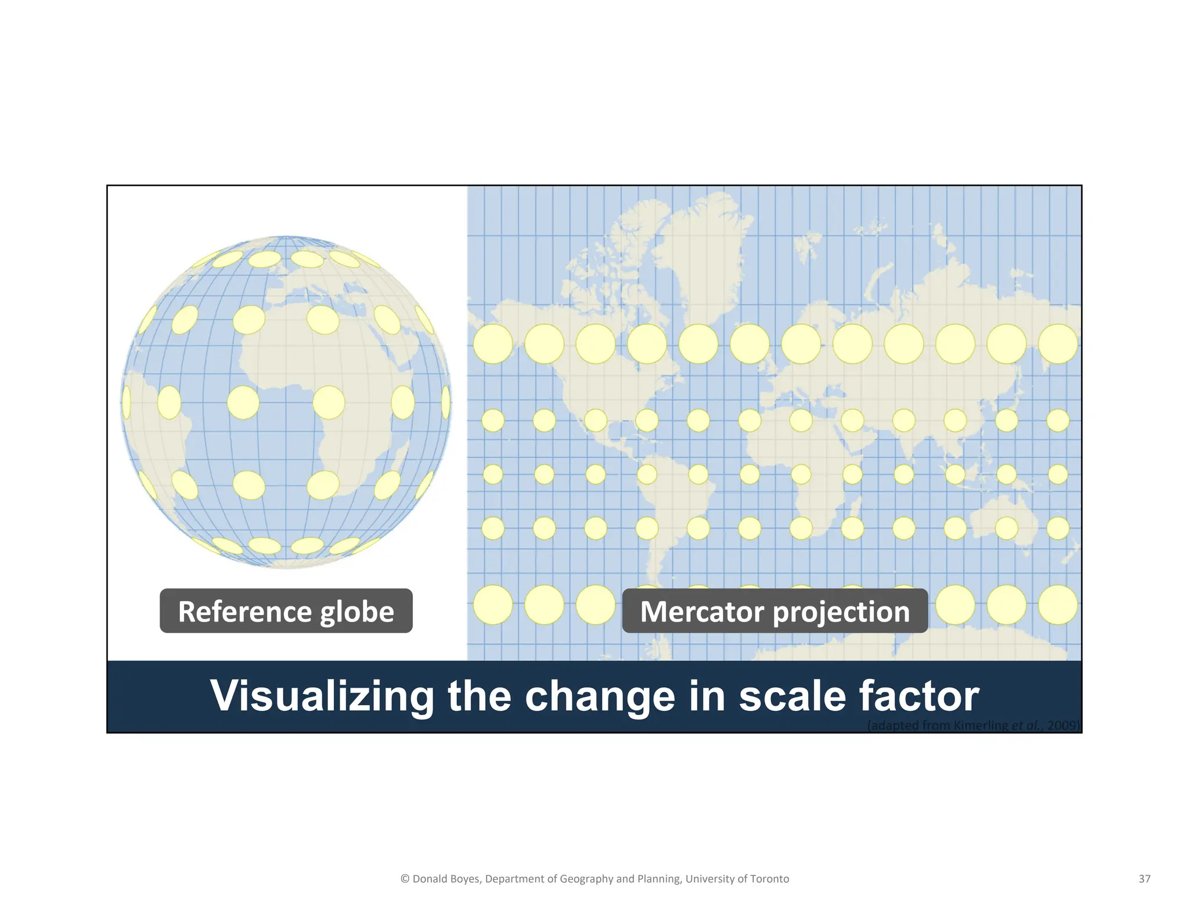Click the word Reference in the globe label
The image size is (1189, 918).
pyautogui.click(x=244, y=612)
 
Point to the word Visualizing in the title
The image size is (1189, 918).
pyautogui.click(x=322, y=696)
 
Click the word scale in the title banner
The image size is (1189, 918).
pyautogui.click(x=792, y=696)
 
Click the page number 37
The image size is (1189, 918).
pyautogui.click(x=1144, y=879)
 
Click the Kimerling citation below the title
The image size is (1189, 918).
pyautogui.click(x=974, y=725)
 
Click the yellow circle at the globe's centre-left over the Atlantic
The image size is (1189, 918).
pyautogui.click(x=243, y=402)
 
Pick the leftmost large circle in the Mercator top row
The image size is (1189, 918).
pyautogui.click(x=493, y=344)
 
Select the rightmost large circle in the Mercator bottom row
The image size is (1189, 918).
pyautogui.click(x=1058, y=605)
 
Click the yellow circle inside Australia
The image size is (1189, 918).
pyautogui.click(x=1007, y=528)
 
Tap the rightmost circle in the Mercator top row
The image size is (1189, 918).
pyautogui.click(x=1058, y=344)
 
